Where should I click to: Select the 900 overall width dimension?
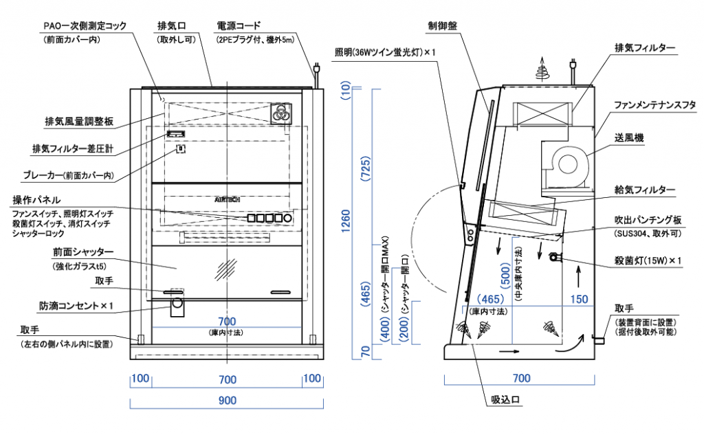228,400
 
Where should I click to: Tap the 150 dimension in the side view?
580,299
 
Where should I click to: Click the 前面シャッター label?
82,252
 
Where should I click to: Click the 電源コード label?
241,26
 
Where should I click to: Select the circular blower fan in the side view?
570,164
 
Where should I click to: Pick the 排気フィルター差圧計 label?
72,148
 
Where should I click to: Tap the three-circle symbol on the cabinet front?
280,113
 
